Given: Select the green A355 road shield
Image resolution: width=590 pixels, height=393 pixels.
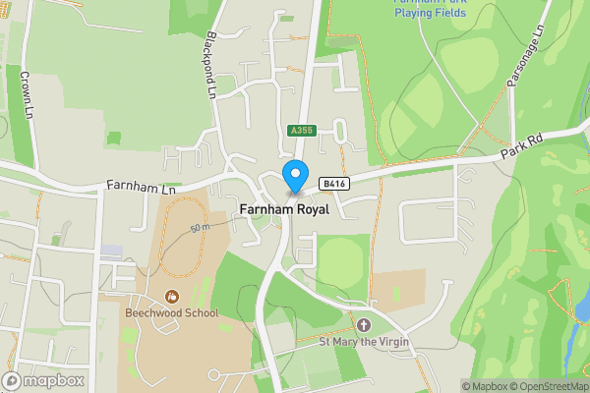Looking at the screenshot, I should click(x=300, y=131).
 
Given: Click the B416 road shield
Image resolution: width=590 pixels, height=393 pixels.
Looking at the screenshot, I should click(x=334, y=184).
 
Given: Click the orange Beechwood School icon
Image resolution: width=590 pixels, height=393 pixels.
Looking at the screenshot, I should click(x=172, y=296).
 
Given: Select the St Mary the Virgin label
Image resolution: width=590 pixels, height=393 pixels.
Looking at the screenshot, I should click(x=363, y=342).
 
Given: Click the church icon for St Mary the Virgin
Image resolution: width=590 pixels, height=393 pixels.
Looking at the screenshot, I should click(x=364, y=325).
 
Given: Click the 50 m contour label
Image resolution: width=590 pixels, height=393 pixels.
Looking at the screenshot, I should click(x=201, y=227).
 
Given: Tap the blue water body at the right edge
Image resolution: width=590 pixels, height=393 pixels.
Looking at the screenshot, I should click(x=583, y=309).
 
